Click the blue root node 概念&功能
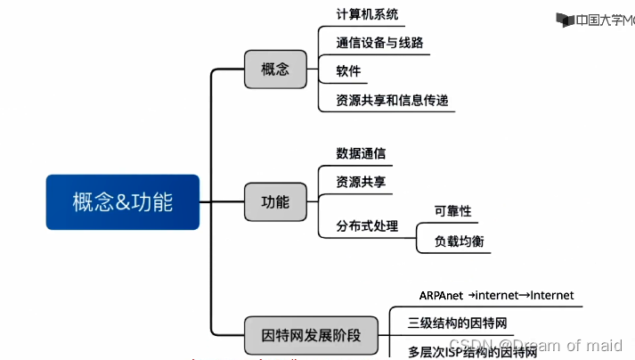123,202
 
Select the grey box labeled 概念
275,70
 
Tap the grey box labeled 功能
275,201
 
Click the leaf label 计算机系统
367,15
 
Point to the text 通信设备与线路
380,42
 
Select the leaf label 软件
348,71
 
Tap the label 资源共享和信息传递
392,101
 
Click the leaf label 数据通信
361,153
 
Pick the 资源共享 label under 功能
361,182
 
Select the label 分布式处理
367,226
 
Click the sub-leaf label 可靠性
452,211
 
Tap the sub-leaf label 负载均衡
459,241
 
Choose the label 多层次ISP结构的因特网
472,352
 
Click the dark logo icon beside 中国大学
564,20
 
